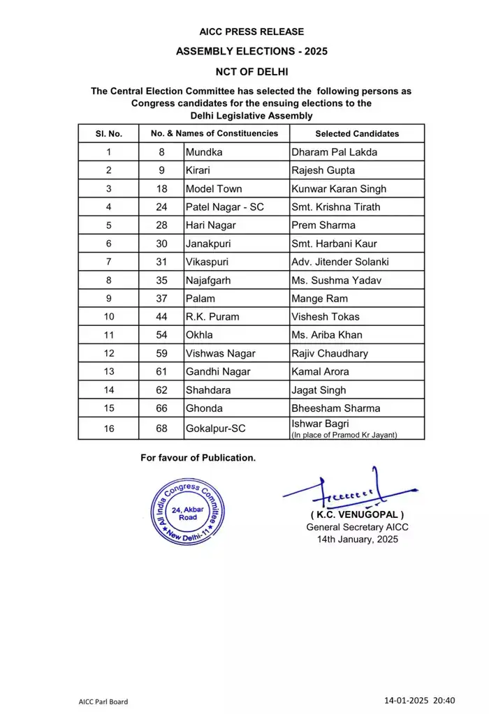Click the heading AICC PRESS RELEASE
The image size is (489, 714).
pos(251,31)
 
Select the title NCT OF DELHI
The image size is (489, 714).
pos(251,72)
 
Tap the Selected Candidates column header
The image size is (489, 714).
pos(357,133)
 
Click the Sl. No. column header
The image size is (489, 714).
pos(108,133)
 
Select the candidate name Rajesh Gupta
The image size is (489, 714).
pos(323,170)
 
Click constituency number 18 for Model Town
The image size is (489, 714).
pos(161,188)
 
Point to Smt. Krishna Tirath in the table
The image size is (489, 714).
pos(336,207)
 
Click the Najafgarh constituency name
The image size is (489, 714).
pos(208,280)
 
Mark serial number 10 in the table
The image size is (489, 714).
pos(108,316)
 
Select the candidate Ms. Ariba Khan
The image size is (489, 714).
pos(327,335)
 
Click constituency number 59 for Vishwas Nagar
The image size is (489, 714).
pos(161,353)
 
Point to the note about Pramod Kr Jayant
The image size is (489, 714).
pos(344,435)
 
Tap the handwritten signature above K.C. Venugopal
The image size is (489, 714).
pos(335,493)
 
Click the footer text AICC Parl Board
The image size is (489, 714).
pos(103,701)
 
